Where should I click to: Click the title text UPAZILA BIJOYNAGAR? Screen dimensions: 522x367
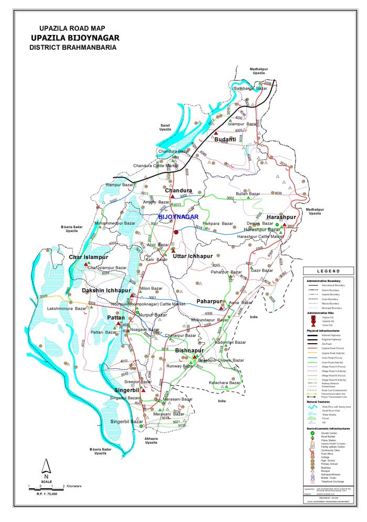pyautogui.click(x=75, y=38)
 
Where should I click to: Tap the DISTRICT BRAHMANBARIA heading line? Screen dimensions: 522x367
pyautogui.click(x=73, y=47)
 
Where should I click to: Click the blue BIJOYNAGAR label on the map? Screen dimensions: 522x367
pyautogui.click(x=178, y=216)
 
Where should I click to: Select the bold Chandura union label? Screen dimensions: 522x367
pyautogui.click(x=178, y=190)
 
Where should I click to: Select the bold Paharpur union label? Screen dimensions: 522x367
pyautogui.click(x=210, y=301)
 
